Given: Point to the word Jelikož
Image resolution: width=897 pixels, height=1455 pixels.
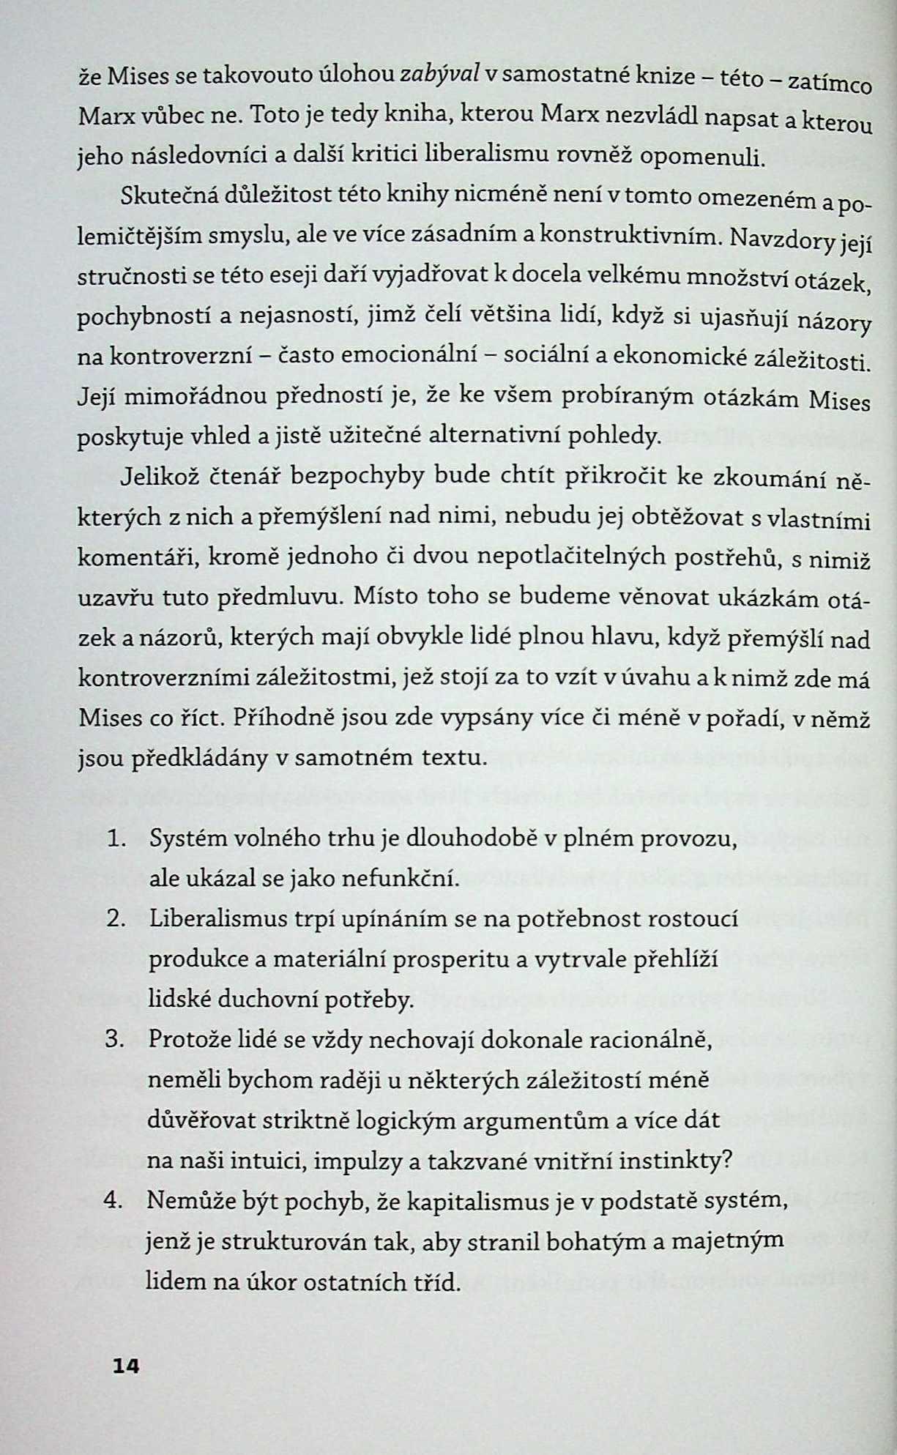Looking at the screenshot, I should click(x=158, y=476).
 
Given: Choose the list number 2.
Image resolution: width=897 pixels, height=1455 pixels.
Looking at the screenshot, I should click(x=115, y=919).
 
